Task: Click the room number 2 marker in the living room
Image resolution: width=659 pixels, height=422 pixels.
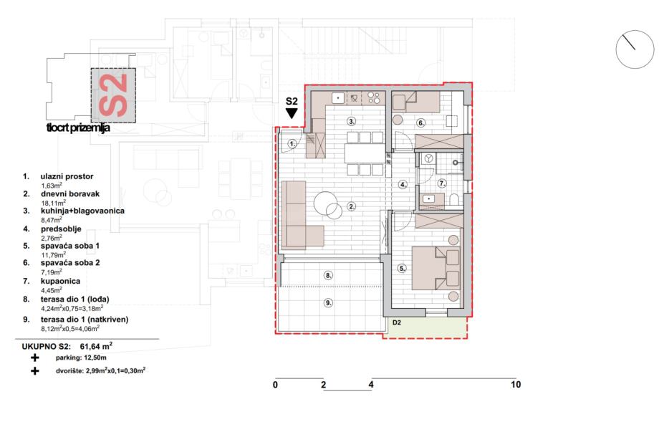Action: tap(352, 206)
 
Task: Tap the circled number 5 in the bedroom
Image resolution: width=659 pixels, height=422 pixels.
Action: tap(403, 268)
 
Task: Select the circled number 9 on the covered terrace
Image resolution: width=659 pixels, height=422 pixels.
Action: tap(328, 302)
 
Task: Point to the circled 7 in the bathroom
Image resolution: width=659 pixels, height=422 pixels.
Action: tap(442, 183)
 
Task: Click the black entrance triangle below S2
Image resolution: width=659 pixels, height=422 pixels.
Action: tap(292, 113)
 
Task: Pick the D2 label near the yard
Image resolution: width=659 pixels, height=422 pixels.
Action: tap(397, 323)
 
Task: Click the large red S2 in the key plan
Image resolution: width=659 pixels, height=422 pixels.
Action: tap(113, 95)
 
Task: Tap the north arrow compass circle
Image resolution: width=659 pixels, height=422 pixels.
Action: tap(635, 49)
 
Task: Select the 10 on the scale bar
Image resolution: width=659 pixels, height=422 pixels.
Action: tap(516, 384)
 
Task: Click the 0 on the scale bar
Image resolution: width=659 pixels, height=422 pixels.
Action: tap(275, 385)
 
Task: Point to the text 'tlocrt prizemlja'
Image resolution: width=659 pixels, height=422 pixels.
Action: tap(78, 128)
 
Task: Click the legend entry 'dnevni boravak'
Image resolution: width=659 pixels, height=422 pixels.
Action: tap(70, 193)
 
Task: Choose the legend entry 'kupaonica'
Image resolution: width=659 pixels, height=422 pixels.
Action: tap(60, 281)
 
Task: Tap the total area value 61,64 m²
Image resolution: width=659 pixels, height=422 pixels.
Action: tap(96, 346)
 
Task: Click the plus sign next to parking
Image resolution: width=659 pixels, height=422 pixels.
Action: tap(35, 358)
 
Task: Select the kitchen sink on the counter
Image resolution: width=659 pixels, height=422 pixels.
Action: tap(338, 98)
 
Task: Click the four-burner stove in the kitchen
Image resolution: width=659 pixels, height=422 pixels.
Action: tap(374, 98)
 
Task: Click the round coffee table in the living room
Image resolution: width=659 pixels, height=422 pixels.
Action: tap(328, 205)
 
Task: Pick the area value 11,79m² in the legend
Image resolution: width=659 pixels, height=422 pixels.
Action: tap(54, 255)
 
